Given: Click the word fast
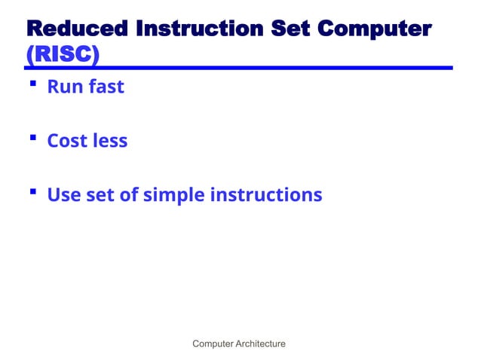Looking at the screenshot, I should tap(105, 87).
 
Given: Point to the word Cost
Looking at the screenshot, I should tap(66, 141).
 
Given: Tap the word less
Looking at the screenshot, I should tap(109, 141).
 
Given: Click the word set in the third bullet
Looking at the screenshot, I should tap(98, 195).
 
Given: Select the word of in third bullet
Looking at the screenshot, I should tap(128, 195).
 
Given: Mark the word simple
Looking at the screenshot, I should tap(173, 196).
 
